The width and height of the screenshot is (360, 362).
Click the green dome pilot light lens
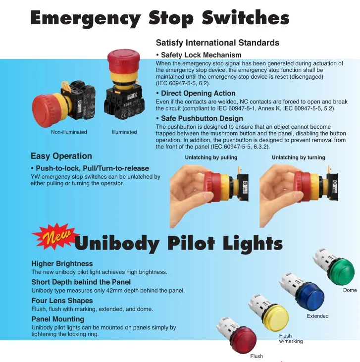pos(343,271)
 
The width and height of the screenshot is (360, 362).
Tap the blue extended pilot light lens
pos(310,296)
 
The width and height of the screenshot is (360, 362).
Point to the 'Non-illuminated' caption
pos(69,132)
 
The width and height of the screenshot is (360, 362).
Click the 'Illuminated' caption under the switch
pos(124,132)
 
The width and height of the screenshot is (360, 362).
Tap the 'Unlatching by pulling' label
pos(211,157)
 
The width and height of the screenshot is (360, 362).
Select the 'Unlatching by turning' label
pos(299,157)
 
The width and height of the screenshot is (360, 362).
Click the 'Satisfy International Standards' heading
pos(217,43)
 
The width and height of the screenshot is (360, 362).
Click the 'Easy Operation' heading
pos(61,156)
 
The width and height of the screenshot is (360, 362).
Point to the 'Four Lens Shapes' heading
pos(62,301)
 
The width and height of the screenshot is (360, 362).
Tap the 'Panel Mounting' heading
pos(58,319)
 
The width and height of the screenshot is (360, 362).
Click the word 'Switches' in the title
pos(246,18)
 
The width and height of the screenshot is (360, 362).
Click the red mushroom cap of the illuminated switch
pos(122,58)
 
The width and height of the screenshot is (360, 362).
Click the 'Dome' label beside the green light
pos(350,290)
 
